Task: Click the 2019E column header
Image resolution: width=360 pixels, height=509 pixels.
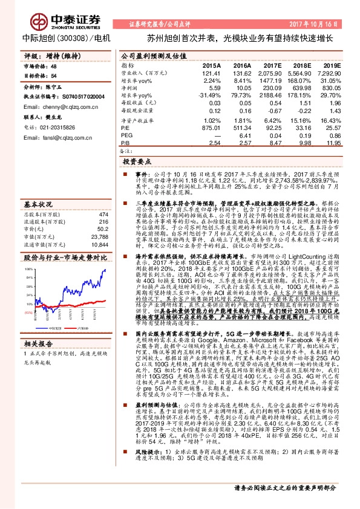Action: click(332, 65)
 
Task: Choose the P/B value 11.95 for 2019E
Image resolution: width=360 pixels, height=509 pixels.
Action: click(332, 143)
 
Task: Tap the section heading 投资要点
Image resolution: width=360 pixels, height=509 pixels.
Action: click(136, 163)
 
